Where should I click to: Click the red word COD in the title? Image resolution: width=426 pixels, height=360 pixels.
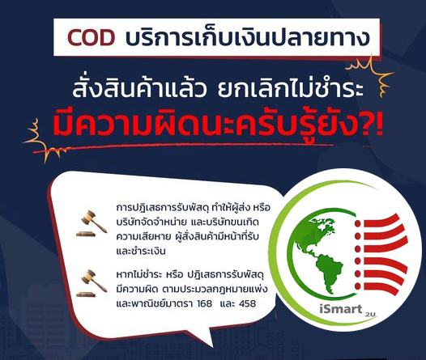(91, 37)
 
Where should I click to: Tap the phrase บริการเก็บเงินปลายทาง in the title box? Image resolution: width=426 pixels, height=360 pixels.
(248, 37)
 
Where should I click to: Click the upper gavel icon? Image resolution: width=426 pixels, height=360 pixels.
(92, 223)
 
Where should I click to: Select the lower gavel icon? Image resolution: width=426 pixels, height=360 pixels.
(92, 283)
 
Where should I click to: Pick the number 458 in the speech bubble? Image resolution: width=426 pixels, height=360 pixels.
(248, 303)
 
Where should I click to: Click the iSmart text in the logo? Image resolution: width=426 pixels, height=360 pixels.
(341, 309)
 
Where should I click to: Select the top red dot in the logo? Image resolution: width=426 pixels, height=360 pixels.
(357, 223)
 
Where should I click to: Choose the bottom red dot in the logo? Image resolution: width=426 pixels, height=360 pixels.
(357, 286)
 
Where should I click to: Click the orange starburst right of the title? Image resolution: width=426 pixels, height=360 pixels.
(372, 74)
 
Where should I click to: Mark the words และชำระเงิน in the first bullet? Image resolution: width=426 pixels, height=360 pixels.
(141, 252)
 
